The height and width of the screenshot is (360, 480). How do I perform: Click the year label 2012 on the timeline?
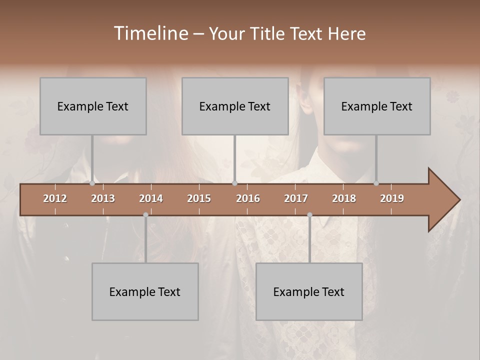[55, 198]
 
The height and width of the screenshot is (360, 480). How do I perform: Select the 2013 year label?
[103, 198]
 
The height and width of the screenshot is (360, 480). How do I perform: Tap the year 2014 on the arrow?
[151, 198]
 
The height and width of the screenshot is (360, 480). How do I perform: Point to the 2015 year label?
[199, 198]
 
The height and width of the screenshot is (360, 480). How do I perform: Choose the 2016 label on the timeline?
[248, 198]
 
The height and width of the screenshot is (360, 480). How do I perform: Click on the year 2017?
[296, 198]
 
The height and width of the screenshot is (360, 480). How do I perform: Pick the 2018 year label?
[344, 198]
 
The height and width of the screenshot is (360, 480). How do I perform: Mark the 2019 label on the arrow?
[392, 198]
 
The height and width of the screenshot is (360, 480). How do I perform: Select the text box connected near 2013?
[93, 106]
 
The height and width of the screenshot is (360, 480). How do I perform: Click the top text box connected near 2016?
[235, 106]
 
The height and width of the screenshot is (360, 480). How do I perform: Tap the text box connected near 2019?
[377, 106]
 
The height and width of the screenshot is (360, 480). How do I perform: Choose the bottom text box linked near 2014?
[145, 291]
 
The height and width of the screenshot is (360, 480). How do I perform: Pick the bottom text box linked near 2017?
[309, 291]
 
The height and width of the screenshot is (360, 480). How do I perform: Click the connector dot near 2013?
[92, 183]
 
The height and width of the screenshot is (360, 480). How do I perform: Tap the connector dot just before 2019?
[376, 183]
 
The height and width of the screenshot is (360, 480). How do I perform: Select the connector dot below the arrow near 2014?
[145, 214]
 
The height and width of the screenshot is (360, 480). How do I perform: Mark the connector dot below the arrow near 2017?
[309, 214]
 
